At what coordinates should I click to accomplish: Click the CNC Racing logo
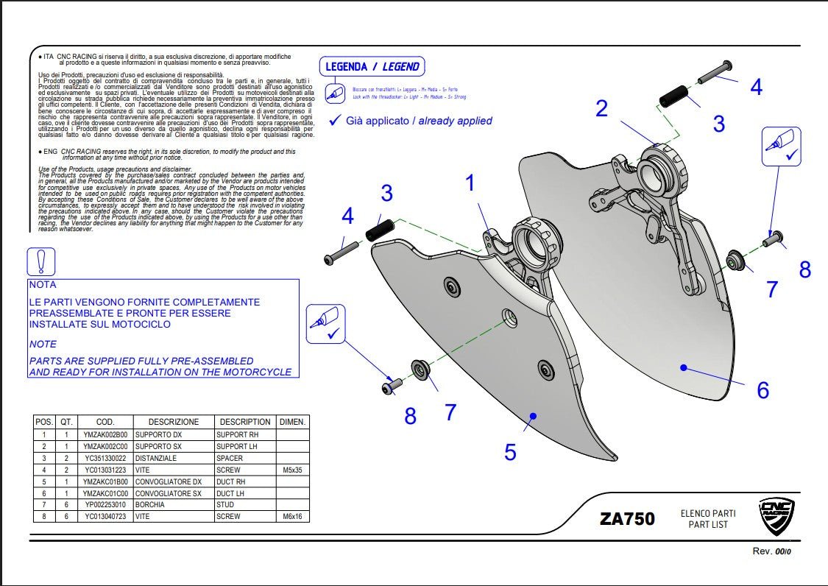[x=777, y=518]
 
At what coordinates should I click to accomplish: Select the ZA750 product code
[x=627, y=518]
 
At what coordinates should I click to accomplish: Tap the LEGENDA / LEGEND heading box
[x=372, y=66]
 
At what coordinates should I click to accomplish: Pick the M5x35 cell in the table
[x=292, y=470]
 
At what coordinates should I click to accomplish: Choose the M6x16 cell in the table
[x=292, y=517]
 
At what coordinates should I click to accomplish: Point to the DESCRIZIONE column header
[x=173, y=422]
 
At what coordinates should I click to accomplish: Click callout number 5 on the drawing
[x=510, y=451]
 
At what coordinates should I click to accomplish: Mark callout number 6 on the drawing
[x=762, y=389]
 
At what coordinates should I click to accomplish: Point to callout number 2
[x=601, y=109]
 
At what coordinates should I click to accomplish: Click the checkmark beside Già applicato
[x=334, y=120]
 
